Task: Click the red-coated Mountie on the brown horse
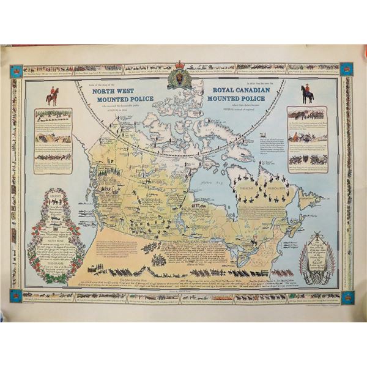coord(53,95)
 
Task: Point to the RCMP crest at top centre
coord(180,80)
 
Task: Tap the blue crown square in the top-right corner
coord(346,69)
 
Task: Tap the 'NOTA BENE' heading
coord(56,241)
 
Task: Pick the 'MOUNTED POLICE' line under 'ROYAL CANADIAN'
coord(236,97)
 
